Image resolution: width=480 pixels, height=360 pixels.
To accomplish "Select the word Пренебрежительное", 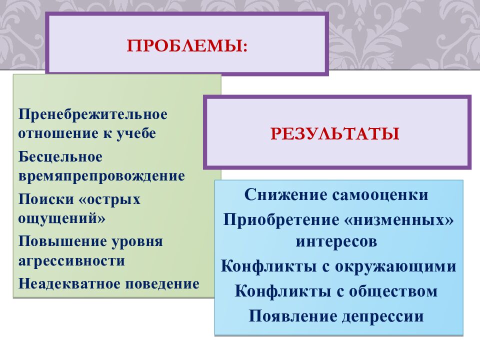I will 93,114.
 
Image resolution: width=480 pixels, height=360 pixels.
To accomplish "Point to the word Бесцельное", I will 60,157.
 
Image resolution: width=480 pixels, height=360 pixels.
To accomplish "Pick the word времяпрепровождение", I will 101,176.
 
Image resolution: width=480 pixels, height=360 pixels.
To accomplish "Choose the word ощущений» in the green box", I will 62,219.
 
